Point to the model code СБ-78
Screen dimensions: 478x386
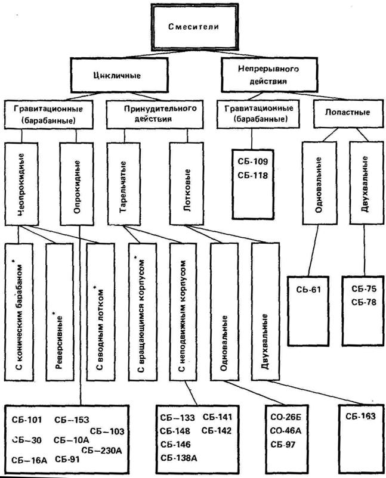(x=363, y=302)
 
